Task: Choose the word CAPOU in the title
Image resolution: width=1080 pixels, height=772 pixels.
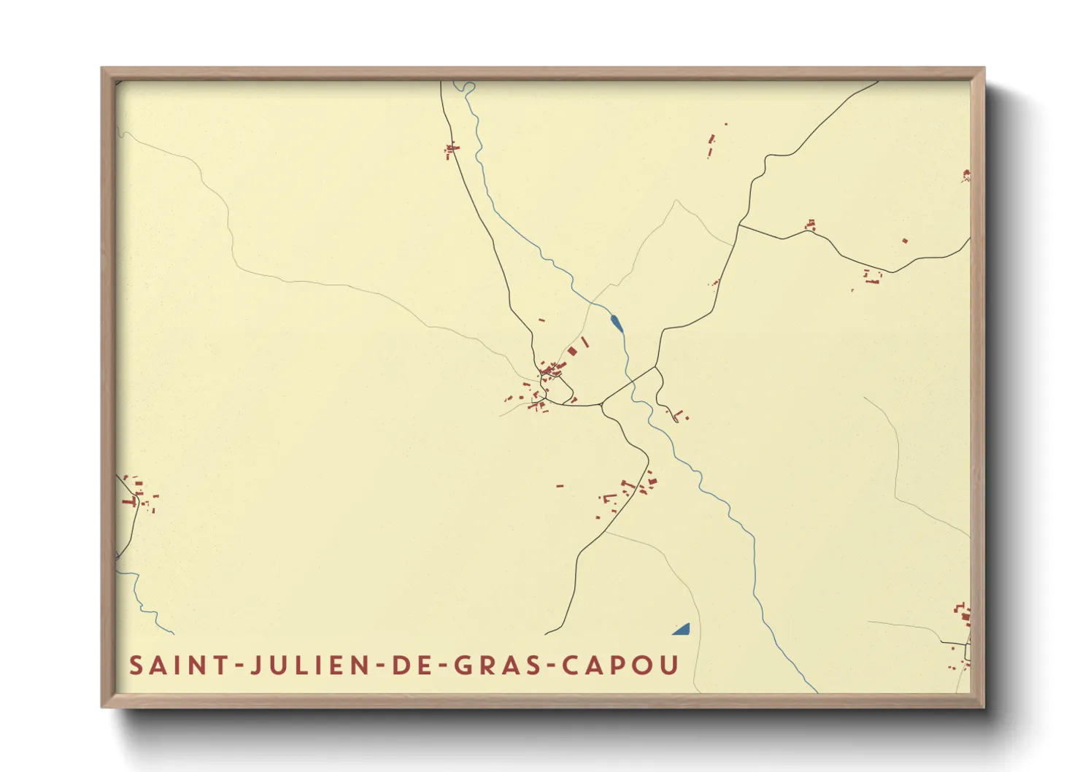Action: pos(620,665)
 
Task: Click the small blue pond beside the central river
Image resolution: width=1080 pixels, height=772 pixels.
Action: pos(617,323)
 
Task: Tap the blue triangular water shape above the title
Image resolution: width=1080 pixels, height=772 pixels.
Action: pos(682,630)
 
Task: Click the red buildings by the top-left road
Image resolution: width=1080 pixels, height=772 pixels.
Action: pos(452,150)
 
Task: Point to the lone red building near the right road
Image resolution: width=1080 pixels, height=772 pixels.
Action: pos(905,240)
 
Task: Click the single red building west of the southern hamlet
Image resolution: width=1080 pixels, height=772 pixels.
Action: pos(560,485)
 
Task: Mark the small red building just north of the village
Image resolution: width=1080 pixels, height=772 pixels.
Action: pos(541,320)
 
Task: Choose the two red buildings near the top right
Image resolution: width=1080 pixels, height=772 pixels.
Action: pos(711,143)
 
